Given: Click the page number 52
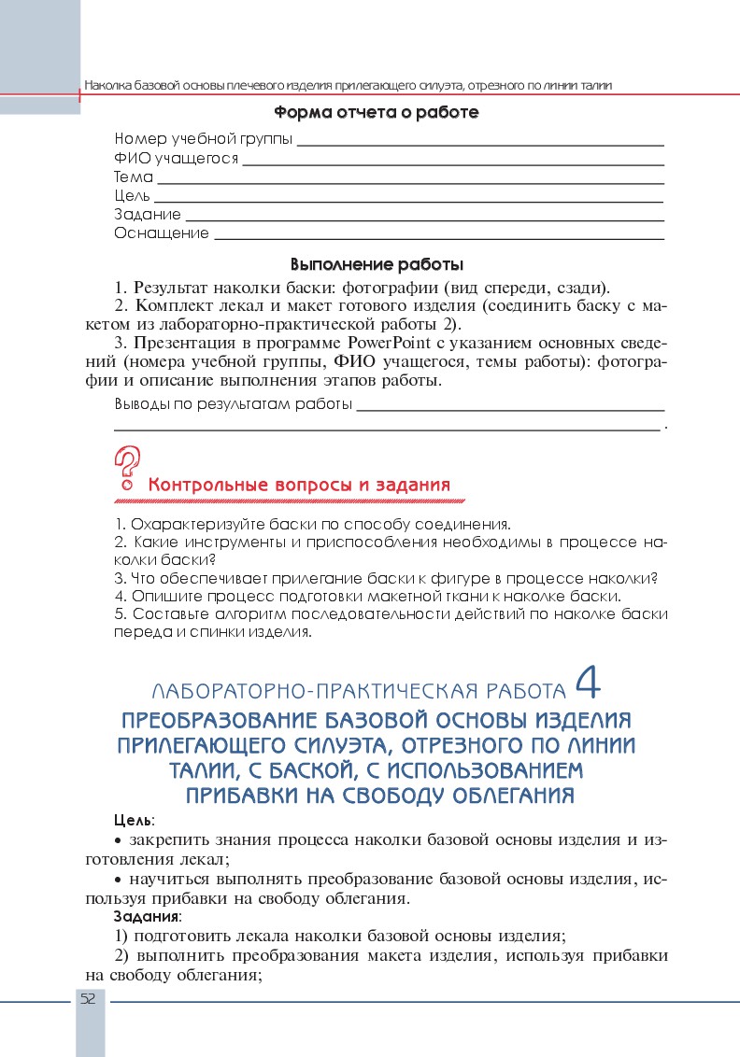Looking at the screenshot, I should coord(89,998).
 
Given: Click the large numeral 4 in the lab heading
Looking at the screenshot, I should coord(589,684).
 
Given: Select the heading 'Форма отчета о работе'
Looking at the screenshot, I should coord(377,113).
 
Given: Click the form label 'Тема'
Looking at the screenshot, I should coord(134,176).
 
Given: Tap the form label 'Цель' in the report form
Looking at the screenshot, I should coord(132,196).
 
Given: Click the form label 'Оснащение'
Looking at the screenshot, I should coord(162,233).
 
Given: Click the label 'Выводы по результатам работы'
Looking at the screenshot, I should coord(233,405).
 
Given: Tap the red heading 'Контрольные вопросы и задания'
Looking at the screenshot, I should coord(299,486).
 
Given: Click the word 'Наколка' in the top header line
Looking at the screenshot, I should coord(109,86).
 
